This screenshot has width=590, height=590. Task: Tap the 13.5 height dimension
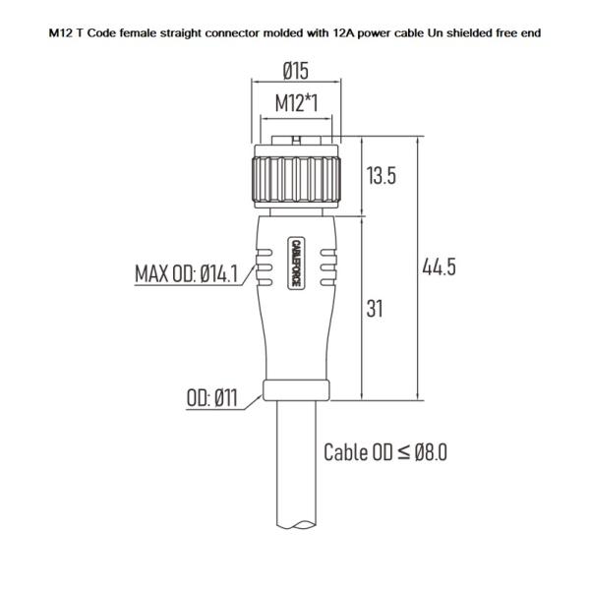click(381, 177)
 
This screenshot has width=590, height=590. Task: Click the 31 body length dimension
click(375, 308)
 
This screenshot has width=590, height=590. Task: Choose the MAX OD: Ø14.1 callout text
click(187, 273)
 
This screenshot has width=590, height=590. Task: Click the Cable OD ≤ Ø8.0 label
click(385, 452)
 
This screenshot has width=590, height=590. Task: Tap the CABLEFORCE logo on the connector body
click(296, 262)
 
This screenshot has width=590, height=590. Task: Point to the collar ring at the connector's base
click(296, 390)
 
